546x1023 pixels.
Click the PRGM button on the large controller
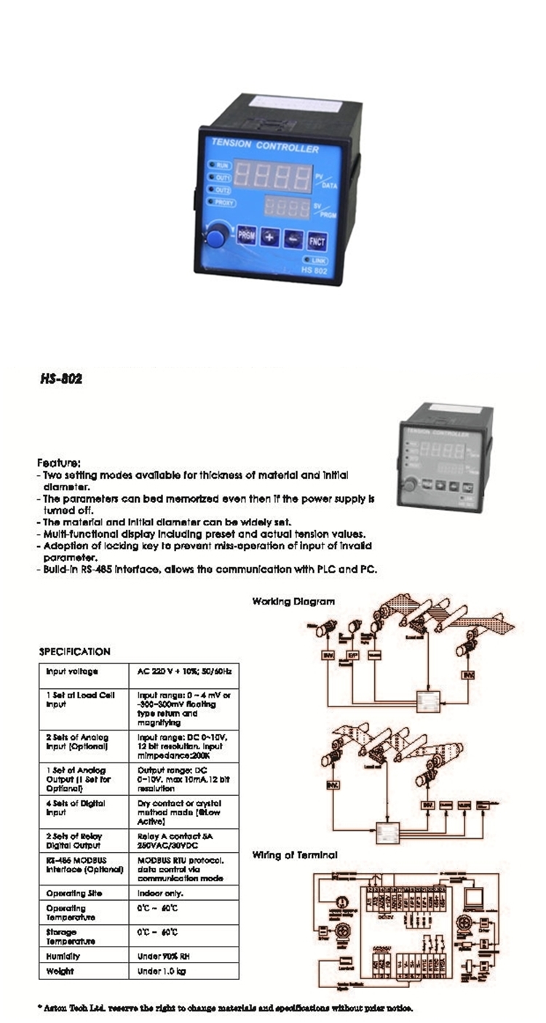[x=246, y=236]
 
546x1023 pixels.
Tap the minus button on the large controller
[x=293, y=239]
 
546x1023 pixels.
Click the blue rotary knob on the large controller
[x=215, y=236]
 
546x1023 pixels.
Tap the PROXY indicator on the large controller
[x=222, y=202]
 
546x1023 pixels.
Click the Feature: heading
[x=59, y=462]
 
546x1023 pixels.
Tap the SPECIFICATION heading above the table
[x=74, y=652]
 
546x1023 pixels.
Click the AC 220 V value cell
[x=183, y=672]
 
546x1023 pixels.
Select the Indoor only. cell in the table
[x=160, y=893]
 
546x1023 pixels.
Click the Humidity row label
[x=63, y=956]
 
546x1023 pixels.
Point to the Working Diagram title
[x=293, y=601]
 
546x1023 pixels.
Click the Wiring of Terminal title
[x=295, y=855]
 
